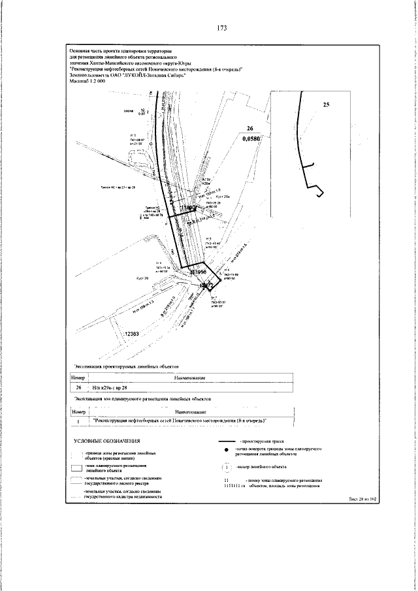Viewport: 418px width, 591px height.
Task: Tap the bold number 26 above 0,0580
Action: (249, 129)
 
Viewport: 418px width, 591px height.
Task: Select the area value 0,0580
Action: (250, 138)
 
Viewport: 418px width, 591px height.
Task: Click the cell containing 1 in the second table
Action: (78, 421)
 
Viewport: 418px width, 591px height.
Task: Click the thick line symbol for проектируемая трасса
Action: (228, 442)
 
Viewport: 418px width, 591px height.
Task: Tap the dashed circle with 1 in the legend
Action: (225, 467)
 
